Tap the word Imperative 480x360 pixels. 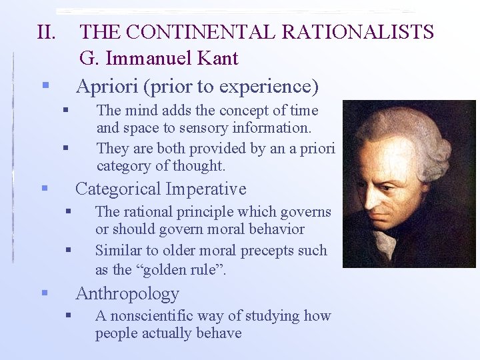206,189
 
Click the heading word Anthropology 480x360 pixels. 127,293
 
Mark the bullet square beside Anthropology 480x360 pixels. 44,293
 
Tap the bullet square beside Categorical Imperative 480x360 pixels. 44,189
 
